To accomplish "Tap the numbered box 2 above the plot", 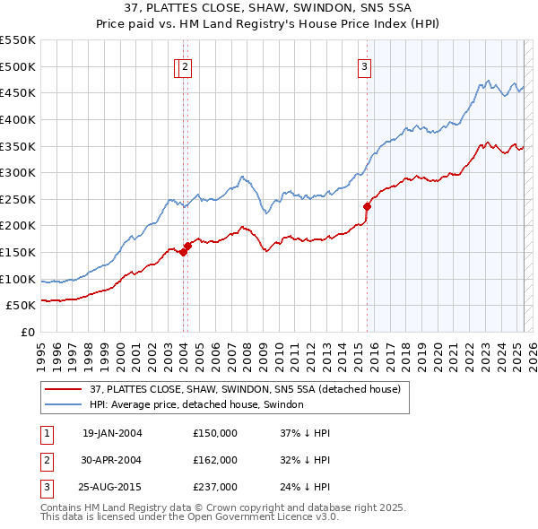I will coord(185,65).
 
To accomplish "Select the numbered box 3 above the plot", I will coord(366,65).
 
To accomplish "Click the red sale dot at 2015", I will coord(367,206).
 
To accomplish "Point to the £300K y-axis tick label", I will coord(20,172).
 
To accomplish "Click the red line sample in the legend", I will coord(64,389).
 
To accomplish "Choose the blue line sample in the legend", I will coord(64,404).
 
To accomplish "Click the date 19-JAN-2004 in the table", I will coord(112,433).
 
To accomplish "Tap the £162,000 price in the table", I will coord(215,460).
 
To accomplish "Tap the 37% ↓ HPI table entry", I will coord(306,433).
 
